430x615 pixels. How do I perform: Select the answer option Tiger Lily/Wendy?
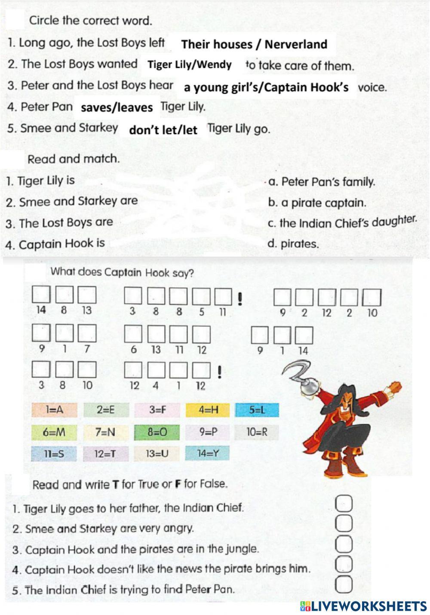tap(190, 65)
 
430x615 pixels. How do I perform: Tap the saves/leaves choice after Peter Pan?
tap(117, 108)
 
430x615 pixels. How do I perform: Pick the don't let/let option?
tap(163, 130)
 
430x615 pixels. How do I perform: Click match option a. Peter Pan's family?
tap(321, 182)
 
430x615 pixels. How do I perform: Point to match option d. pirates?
tap(293, 244)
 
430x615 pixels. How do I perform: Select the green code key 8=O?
tap(157, 432)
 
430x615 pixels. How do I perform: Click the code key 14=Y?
tap(208, 453)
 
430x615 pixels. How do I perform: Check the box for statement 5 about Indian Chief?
tap(346, 584)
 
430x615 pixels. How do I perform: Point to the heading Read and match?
tap(74, 159)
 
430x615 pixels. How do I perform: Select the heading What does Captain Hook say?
tap(122, 273)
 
